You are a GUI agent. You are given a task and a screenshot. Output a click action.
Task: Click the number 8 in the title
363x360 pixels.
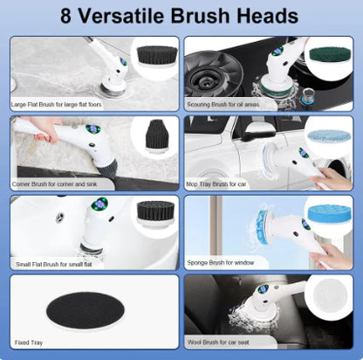click(65, 16)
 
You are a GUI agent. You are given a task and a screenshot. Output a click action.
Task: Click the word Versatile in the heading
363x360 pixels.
click(121, 16)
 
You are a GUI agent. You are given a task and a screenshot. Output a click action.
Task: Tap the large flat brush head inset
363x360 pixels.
click(157, 57)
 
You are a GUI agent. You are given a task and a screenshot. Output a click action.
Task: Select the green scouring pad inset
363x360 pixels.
click(330, 54)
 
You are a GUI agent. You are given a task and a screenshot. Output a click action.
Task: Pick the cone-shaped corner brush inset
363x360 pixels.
click(157, 136)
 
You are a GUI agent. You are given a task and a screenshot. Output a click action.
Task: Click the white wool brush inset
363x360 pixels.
click(331, 293)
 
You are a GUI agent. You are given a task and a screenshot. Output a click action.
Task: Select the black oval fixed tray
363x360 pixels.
click(86, 311)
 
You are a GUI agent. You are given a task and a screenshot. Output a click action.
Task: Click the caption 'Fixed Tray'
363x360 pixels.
click(29, 343)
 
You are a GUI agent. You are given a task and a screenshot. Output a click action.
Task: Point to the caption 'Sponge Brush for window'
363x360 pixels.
click(221, 263)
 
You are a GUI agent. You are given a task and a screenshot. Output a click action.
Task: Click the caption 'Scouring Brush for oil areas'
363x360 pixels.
click(223, 104)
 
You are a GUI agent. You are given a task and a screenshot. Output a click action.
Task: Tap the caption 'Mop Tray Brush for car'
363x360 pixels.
click(216, 184)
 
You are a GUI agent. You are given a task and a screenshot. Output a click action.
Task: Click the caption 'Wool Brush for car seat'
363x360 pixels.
click(218, 343)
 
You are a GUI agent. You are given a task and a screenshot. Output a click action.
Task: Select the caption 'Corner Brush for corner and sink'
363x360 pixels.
click(54, 184)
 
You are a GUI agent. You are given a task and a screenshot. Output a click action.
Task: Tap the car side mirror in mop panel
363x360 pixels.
click(252, 132)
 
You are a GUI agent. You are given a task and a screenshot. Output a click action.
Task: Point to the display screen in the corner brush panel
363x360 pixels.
click(92, 129)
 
